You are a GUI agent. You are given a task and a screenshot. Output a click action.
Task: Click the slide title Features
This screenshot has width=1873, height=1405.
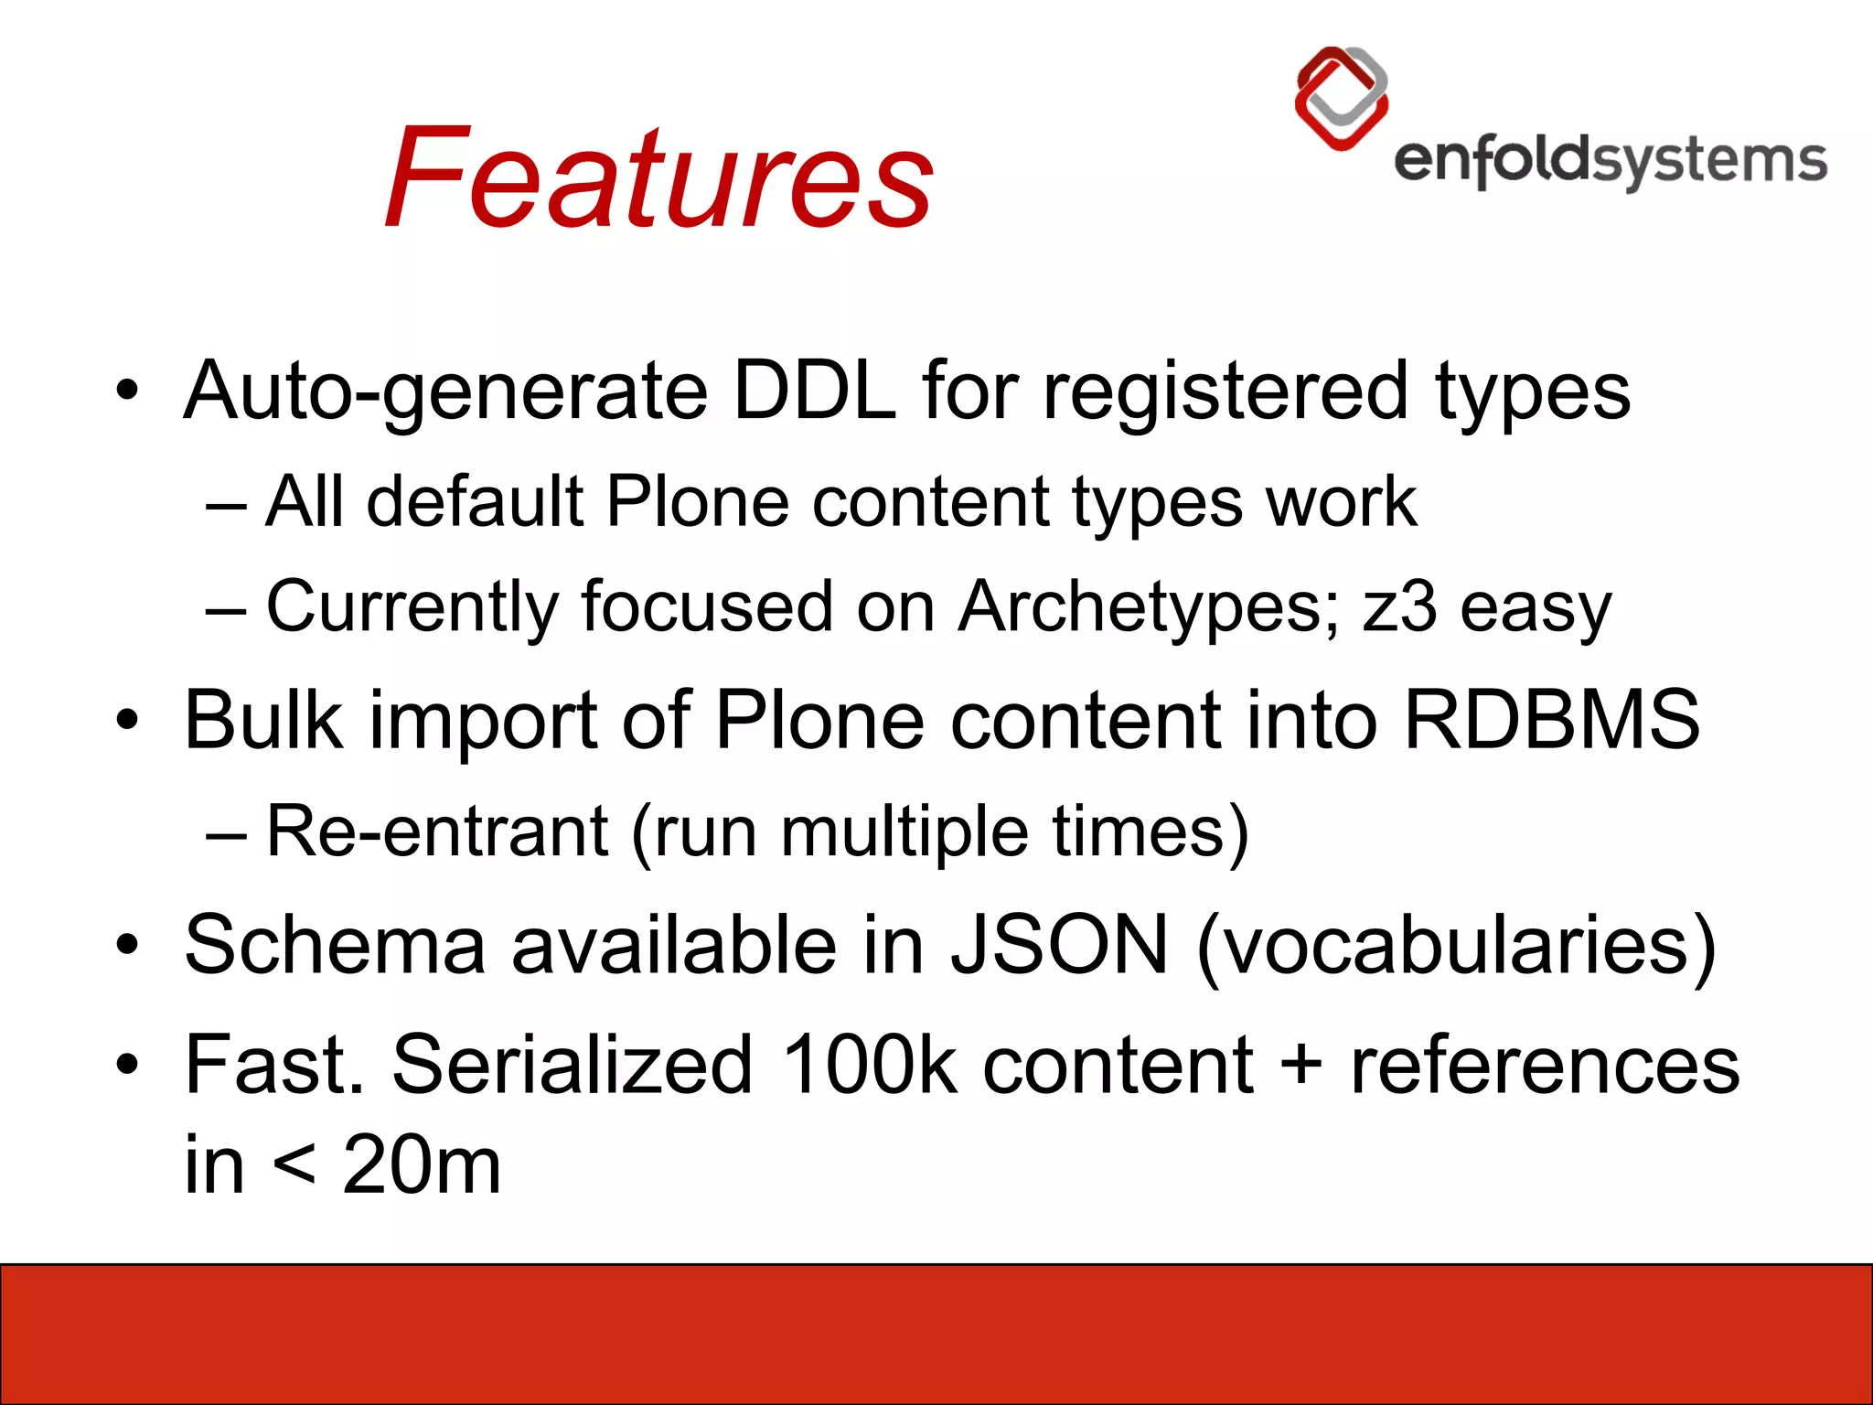pyautogui.click(x=658, y=178)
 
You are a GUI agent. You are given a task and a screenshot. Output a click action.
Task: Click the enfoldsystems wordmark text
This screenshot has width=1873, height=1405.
pyautogui.click(x=1610, y=161)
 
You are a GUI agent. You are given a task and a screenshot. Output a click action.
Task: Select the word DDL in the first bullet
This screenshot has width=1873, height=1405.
pyautogui.click(x=814, y=391)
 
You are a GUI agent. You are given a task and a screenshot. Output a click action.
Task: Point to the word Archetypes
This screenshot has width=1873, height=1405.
pyautogui.click(x=1148, y=606)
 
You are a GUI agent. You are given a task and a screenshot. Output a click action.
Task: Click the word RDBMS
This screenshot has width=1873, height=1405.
pyautogui.click(x=1551, y=721)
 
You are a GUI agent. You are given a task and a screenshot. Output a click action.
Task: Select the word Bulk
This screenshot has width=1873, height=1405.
pyautogui.click(x=264, y=721)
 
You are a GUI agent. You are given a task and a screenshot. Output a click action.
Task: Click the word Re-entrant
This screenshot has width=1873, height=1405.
pyautogui.click(x=437, y=831)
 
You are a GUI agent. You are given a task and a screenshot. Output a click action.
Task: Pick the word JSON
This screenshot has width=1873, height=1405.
pyautogui.click(x=1059, y=945)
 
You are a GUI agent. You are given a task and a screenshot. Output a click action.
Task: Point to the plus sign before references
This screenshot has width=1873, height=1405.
pyautogui.click(x=1300, y=1067)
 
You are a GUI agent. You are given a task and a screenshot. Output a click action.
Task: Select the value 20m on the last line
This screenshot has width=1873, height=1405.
pyautogui.click(x=422, y=1165)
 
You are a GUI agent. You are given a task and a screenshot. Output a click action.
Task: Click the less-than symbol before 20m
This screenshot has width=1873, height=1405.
pyautogui.click(x=294, y=1167)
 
